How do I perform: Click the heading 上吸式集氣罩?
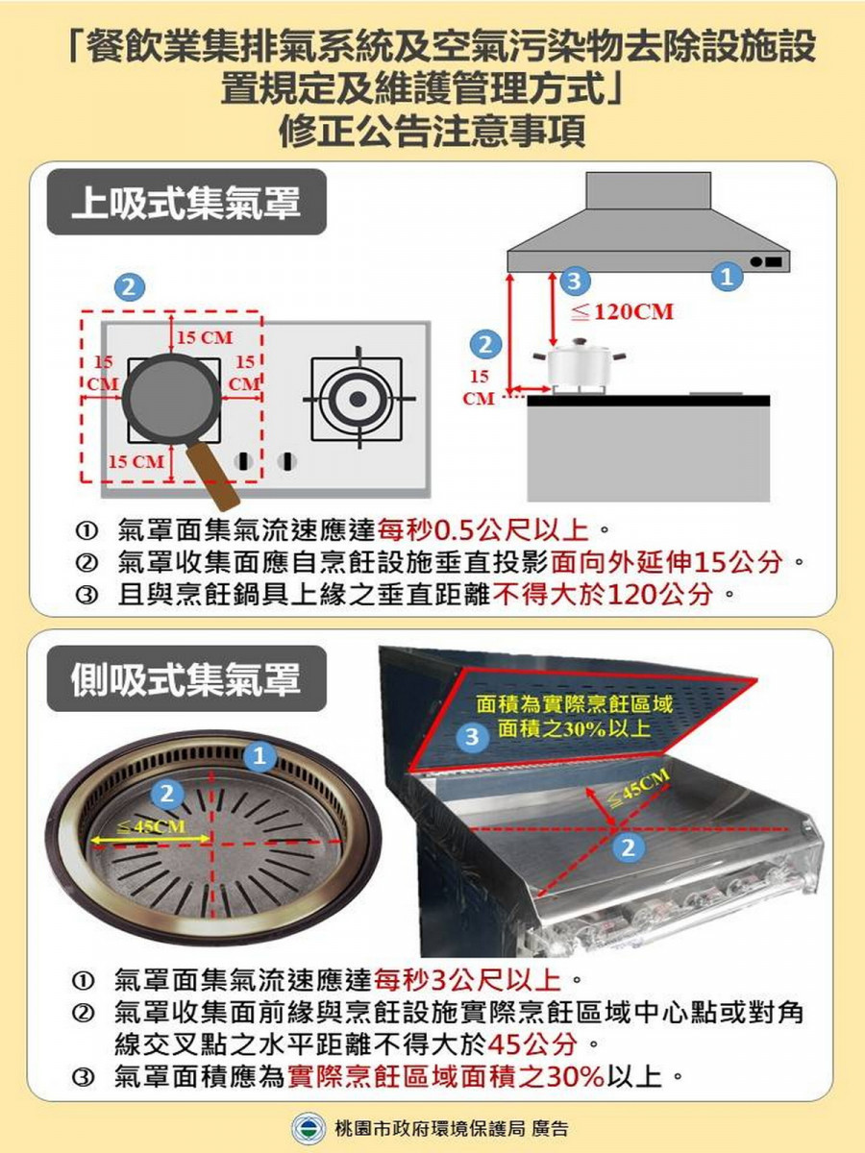pos(186,204)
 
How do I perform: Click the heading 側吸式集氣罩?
pos(186,677)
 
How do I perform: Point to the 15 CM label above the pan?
pos(204,337)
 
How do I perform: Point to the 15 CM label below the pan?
pos(136,461)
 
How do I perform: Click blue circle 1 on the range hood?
pos(728,278)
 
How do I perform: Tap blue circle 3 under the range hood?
pos(573,282)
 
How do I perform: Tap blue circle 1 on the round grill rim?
pos(257,756)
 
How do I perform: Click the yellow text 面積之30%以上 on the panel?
pos(573,728)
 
